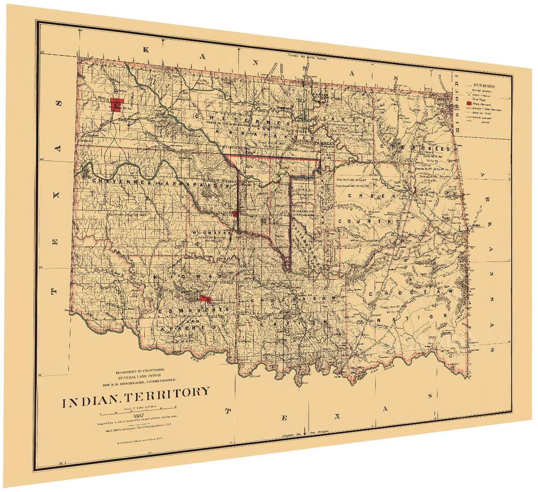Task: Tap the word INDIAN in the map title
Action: click(x=90, y=402)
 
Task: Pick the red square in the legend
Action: click(x=469, y=104)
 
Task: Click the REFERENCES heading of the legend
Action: click(x=484, y=86)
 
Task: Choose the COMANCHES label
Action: click(x=193, y=310)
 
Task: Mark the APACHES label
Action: click(x=182, y=329)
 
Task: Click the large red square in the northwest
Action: click(x=115, y=105)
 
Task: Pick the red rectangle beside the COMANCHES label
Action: click(x=204, y=298)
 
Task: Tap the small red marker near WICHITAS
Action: click(x=235, y=213)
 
